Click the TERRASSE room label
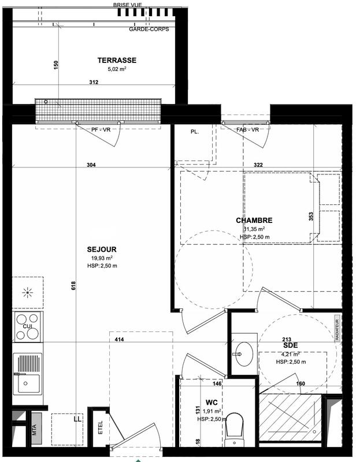click(x=117, y=60)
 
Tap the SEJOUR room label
click(x=102, y=249)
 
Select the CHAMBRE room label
click(x=254, y=220)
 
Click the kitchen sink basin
click(x=27, y=383)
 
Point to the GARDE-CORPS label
click(x=149, y=29)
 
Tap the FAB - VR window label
click(x=247, y=130)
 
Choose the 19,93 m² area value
click(x=101, y=258)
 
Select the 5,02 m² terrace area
click(x=117, y=69)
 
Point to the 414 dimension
click(x=120, y=339)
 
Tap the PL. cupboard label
click(x=195, y=132)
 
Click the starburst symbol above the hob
click(x=27, y=293)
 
